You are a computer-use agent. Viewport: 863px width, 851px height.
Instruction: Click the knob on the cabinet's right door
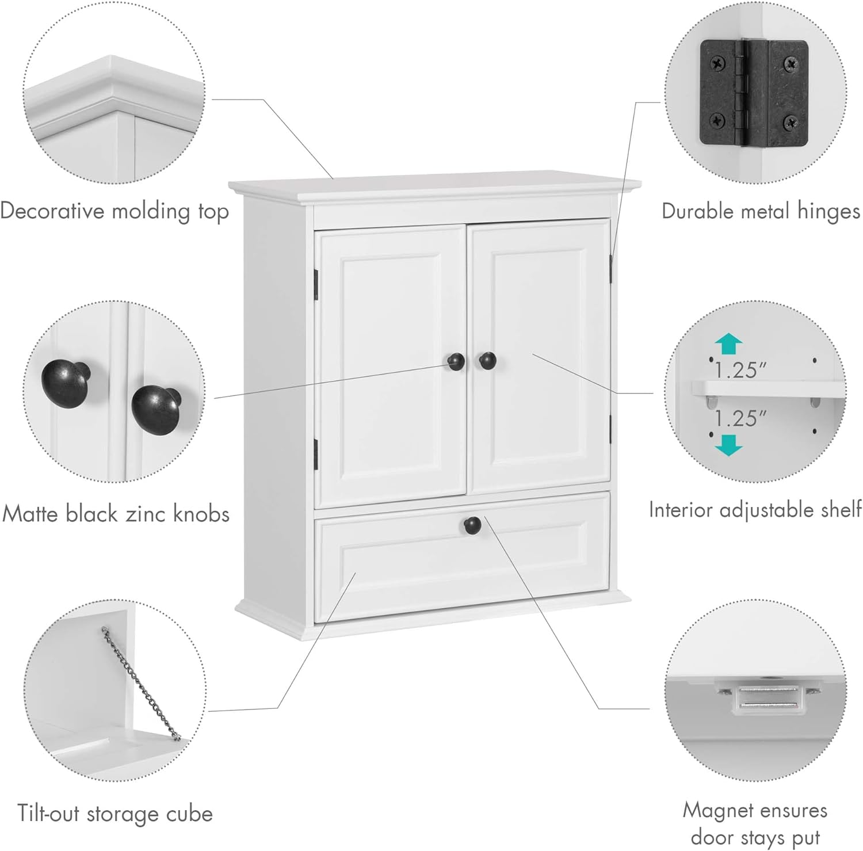[x=487, y=361]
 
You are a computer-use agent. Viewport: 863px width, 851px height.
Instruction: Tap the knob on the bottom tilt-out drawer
[x=472, y=524]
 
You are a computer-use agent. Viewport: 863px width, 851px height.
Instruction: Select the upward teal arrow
[x=728, y=344]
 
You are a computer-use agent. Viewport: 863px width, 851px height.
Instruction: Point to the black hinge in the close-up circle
[x=753, y=92]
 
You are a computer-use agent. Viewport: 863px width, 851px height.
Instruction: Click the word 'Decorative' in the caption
[x=52, y=211]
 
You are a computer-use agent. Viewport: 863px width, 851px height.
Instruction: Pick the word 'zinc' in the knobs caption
[x=152, y=513]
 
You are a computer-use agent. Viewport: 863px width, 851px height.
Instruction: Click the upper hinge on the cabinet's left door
[x=316, y=284]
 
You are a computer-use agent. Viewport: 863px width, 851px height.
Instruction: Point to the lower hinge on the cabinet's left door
[x=316, y=452]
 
